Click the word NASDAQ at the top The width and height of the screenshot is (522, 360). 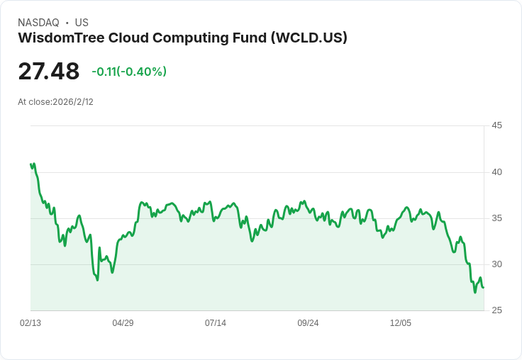38,23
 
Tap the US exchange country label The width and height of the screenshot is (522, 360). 82,23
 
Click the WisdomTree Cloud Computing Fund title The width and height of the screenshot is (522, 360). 142,38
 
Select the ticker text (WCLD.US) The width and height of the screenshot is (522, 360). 309,38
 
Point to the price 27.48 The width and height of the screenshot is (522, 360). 49,71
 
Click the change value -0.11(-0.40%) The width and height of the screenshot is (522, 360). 129,72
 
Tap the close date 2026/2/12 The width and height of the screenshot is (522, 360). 73,102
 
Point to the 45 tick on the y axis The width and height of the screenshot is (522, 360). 496,125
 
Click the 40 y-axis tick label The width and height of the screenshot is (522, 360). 496,172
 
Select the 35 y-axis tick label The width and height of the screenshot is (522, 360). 496,218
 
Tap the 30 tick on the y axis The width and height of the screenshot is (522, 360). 496,264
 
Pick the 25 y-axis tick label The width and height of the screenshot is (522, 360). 496,310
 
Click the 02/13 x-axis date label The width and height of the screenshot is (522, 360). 30,323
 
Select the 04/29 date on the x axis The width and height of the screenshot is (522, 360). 123,323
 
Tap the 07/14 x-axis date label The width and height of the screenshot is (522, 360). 216,323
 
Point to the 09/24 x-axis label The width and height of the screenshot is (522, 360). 308,323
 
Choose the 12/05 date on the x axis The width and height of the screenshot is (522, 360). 401,323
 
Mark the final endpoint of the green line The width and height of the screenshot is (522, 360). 483,287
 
